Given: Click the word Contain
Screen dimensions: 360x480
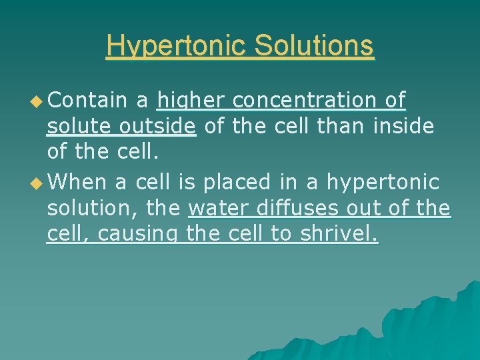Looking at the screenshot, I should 88,100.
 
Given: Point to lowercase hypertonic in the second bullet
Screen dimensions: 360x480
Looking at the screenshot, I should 382,182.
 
